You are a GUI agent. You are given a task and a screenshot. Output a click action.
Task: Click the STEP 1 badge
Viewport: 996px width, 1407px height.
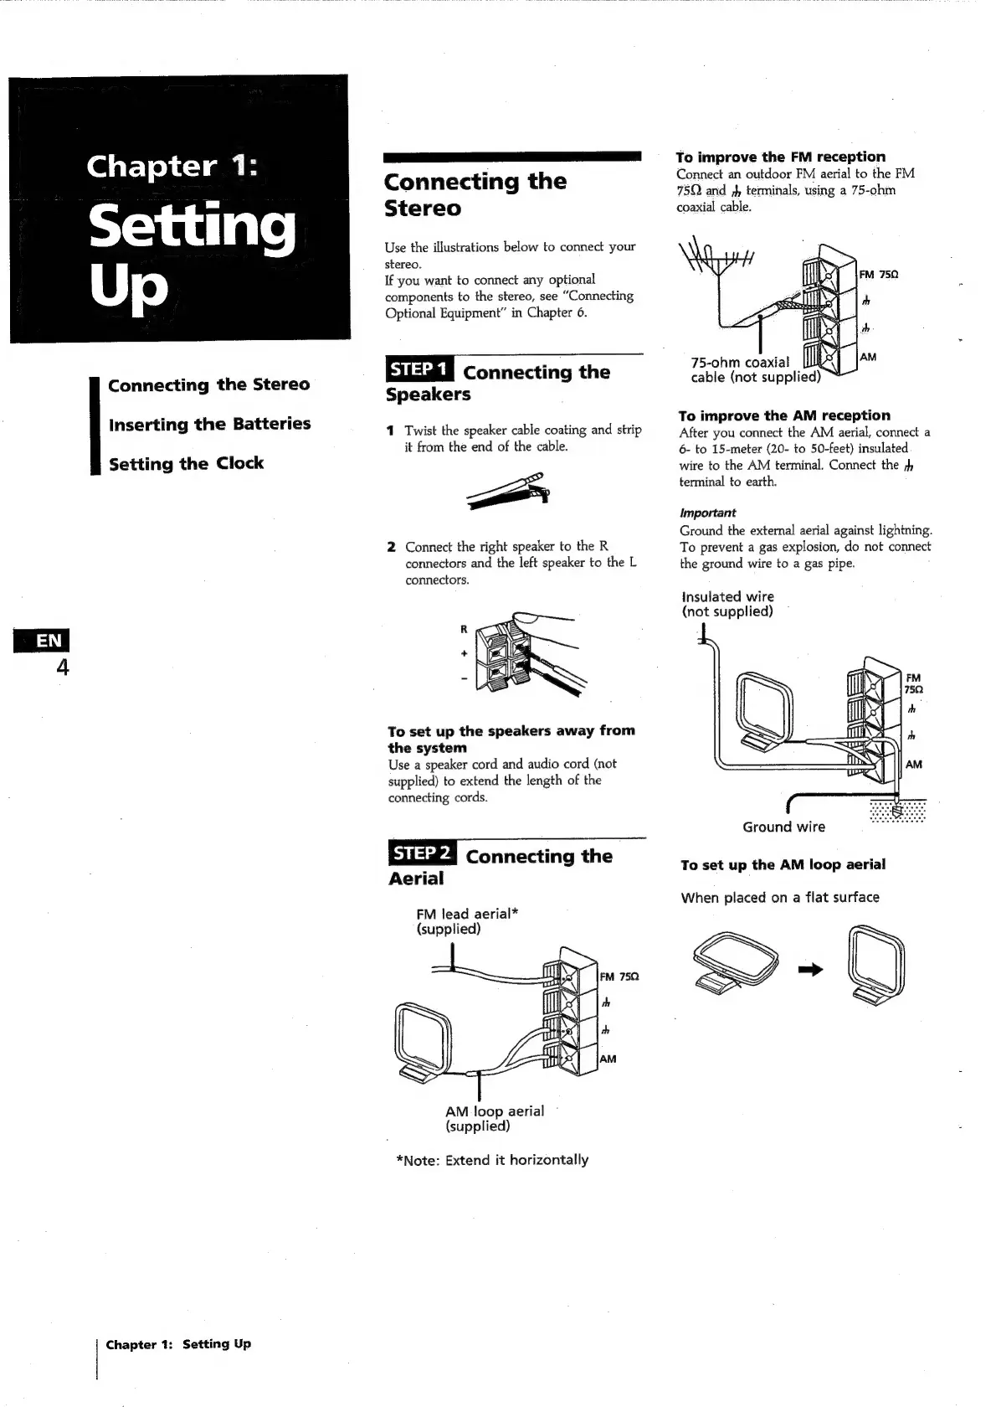pos(419,369)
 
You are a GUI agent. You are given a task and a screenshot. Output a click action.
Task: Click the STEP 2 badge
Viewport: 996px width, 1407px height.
pos(423,853)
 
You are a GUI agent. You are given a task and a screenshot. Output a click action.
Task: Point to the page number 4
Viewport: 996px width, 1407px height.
pos(62,667)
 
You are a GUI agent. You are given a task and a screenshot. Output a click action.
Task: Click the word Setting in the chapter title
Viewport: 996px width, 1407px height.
pos(193,226)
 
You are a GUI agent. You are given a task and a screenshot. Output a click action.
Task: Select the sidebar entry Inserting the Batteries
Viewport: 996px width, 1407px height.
pos(209,424)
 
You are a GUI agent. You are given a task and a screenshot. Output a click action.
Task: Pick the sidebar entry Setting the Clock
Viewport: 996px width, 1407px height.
pos(186,463)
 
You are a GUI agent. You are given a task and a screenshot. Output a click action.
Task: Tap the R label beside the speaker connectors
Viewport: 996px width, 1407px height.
pos(463,629)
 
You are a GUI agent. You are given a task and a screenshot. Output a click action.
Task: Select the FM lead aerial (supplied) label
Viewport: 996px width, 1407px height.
pos(466,921)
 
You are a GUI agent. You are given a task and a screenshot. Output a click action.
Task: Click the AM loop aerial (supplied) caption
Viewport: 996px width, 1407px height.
pos(494,1118)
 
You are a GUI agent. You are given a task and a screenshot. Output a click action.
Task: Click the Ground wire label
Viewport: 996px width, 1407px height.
pos(783,827)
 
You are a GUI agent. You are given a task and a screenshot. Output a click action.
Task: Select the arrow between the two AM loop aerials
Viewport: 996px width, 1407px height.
pos(810,970)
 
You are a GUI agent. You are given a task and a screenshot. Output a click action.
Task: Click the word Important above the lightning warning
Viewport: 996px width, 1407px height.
pos(707,513)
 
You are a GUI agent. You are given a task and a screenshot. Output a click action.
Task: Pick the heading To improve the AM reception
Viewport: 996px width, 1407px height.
pos(784,415)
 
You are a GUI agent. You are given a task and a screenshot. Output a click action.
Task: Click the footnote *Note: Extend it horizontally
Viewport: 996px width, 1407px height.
pos(492,1160)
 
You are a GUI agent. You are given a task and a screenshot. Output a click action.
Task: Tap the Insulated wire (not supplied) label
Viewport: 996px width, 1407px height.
pos(727,604)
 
